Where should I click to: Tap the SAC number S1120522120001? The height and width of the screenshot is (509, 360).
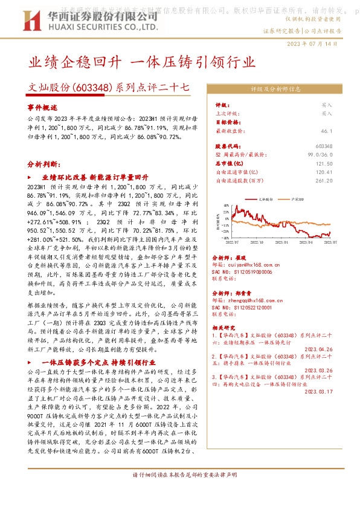pyautogui.click(x=249, y=307)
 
